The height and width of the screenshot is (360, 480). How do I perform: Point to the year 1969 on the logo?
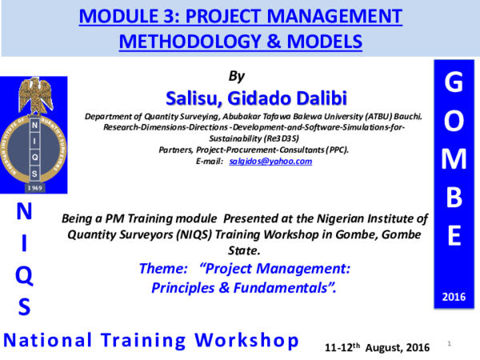click(x=34, y=186)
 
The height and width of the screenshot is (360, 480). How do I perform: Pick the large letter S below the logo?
click(x=26, y=306)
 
